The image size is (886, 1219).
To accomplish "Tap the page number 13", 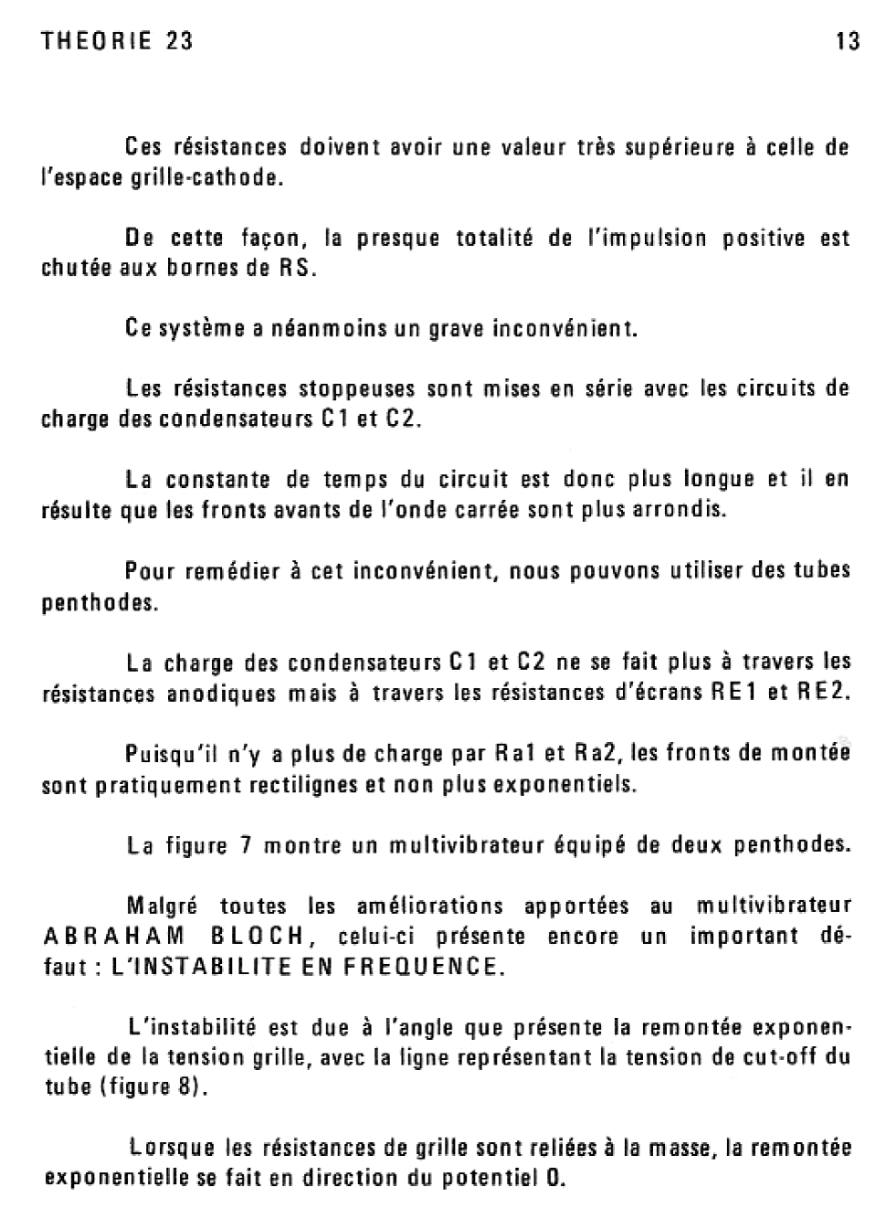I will pos(848,41).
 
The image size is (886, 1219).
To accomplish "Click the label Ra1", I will pos(513,754).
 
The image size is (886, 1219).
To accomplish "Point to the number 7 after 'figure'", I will pos(245,845).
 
